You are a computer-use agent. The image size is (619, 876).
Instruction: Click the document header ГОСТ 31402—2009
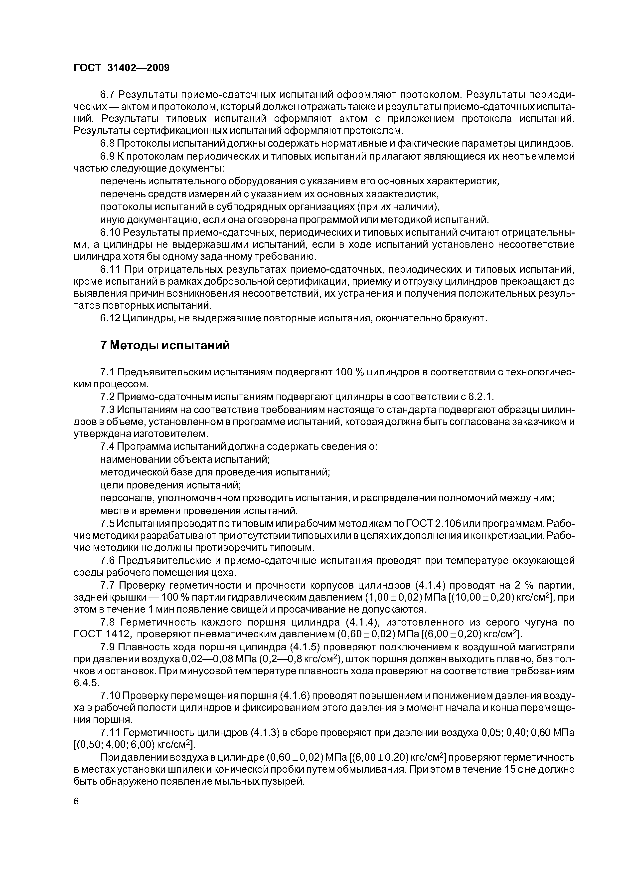pyautogui.click(x=121, y=68)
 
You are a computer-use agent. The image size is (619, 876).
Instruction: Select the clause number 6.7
pyautogui.click(x=108, y=94)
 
